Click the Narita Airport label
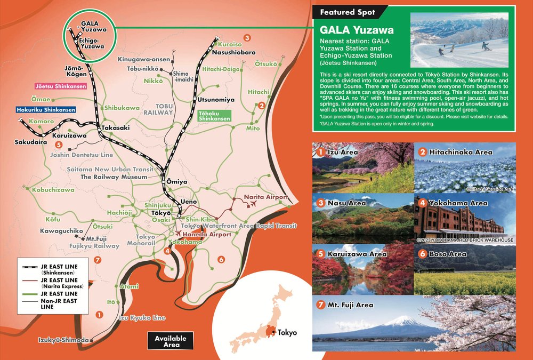click(265, 197)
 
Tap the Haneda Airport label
click(207, 234)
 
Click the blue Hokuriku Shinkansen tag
click(45, 109)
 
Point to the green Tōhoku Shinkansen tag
click(215, 116)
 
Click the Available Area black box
click(170, 341)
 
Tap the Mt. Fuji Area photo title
click(345, 306)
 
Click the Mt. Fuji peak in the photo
click(400, 319)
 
